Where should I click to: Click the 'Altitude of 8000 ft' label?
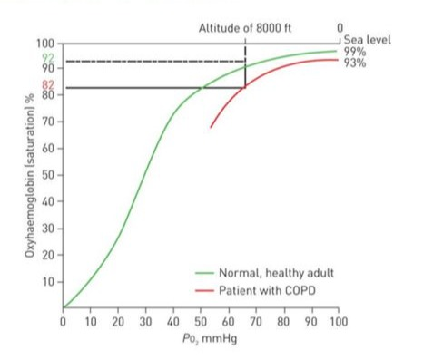point(244,29)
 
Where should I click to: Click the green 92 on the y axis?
point(48,57)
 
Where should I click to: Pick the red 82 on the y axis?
point(48,83)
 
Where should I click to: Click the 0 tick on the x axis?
point(63,321)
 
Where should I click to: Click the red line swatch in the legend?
point(204,290)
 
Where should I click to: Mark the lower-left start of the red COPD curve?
point(211,127)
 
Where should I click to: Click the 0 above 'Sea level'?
point(340,29)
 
